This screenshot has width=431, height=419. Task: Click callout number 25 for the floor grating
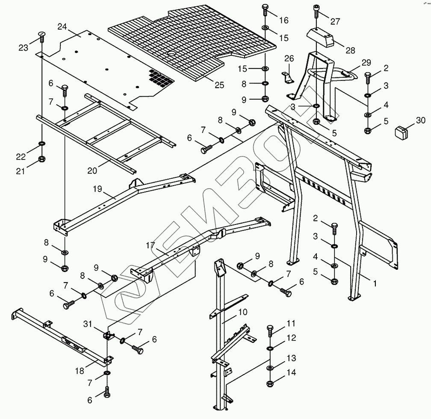pos(219,85)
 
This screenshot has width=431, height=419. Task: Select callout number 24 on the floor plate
pos(62,27)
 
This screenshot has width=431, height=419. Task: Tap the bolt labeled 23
pos(41,37)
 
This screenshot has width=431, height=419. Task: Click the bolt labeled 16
pos(266,11)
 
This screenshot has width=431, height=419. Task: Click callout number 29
pos(366,63)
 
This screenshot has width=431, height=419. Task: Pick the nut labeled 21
pos(41,159)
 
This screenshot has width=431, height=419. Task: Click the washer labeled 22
pos(42,144)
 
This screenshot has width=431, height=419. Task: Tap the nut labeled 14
pos(270,383)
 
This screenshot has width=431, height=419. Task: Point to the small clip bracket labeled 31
pos(109,336)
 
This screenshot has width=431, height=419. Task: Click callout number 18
pos(80,371)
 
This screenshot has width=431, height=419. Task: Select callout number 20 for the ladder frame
pos(92,171)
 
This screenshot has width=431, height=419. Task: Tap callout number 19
pos(97,189)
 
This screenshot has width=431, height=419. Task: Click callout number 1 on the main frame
pos(375,283)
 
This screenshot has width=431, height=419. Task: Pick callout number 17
pos(151,245)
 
